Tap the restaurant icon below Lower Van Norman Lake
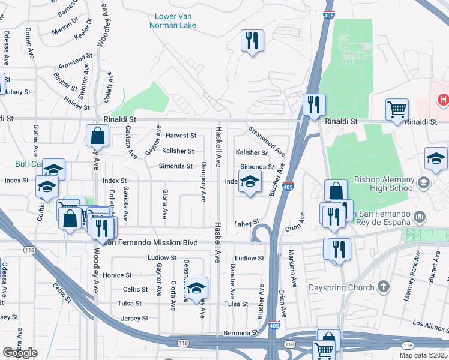252,41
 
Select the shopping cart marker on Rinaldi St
397,110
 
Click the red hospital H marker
443,100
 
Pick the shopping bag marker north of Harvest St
97,136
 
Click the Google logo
20,353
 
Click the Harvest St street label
181,136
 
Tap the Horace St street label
117,275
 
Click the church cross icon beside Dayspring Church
384,287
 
